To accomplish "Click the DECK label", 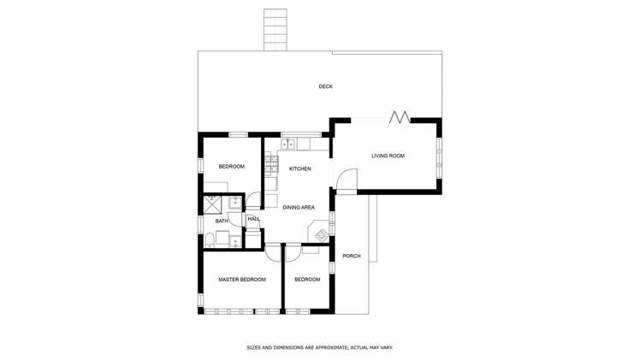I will pyautogui.click(x=325, y=86).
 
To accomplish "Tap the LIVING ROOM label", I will pyautogui.click(x=388, y=156).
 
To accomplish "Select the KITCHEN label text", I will pyautogui.click(x=299, y=168).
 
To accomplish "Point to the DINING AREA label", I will pyautogui.click(x=299, y=207).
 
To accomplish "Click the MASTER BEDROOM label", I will pyautogui.click(x=241, y=280).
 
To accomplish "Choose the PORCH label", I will pyautogui.click(x=351, y=257).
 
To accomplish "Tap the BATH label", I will pyautogui.click(x=222, y=221).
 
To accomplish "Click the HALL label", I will pyautogui.click(x=253, y=219).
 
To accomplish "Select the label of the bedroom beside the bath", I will pyautogui.click(x=231, y=166).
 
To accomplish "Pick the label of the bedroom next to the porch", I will pyautogui.click(x=307, y=280).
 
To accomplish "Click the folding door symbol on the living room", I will pyautogui.click(x=400, y=116).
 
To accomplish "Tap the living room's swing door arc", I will pyautogui.click(x=346, y=179).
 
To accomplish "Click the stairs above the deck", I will pyautogui.click(x=275, y=29).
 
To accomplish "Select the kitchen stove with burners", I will pyautogui.click(x=271, y=163).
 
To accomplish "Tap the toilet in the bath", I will pyautogui.click(x=209, y=239).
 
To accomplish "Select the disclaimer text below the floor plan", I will pyautogui.click(x=319, y=348).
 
